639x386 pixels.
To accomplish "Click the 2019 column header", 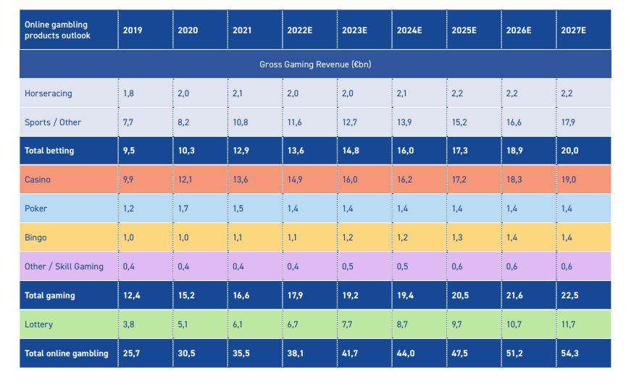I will pyautogui.click(x=133, y=30).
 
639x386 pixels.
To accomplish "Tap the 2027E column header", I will pyautogui.click(x=573, y=30).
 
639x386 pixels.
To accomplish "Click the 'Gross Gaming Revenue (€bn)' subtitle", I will pyautogui.click(x=315, y=64).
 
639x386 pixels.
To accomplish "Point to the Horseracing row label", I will pyautogui.click(x=48, y=93).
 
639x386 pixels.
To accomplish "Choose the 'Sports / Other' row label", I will pyautogui.click(x=53, y=122).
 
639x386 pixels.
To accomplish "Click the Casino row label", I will pyautogui.click(x=38, y=180).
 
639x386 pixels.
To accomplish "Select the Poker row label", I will pyautogui.click(x=35, y=209).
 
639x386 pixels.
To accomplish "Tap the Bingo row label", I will pyautogui.click(x=35, y=238).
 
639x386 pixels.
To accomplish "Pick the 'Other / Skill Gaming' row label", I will pyautogui.click(x=64, y=267).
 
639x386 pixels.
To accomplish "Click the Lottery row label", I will pyautogui.click(x=38, y=324).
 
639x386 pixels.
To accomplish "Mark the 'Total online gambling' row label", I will pyautogui.click(x=66, y=353).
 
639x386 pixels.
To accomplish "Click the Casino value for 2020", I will pyautogui.click(x=185, y=180).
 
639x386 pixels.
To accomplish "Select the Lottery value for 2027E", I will pyautogui.click(x=568, y=324).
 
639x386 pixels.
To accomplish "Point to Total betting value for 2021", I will pyautogui.click(x=241, y=151).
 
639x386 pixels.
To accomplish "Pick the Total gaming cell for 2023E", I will pyautogui.click(x=351, y=295).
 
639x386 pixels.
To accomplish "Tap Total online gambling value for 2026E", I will pyautogui.click(x=515, y=353).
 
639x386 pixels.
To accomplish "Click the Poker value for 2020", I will pyautogui.click(x=183, y=209).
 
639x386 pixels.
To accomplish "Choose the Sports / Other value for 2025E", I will pyautogui.click(x=459, y=122).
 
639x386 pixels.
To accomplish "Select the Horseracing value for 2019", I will pyautogui.click(x=128, y=93).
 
